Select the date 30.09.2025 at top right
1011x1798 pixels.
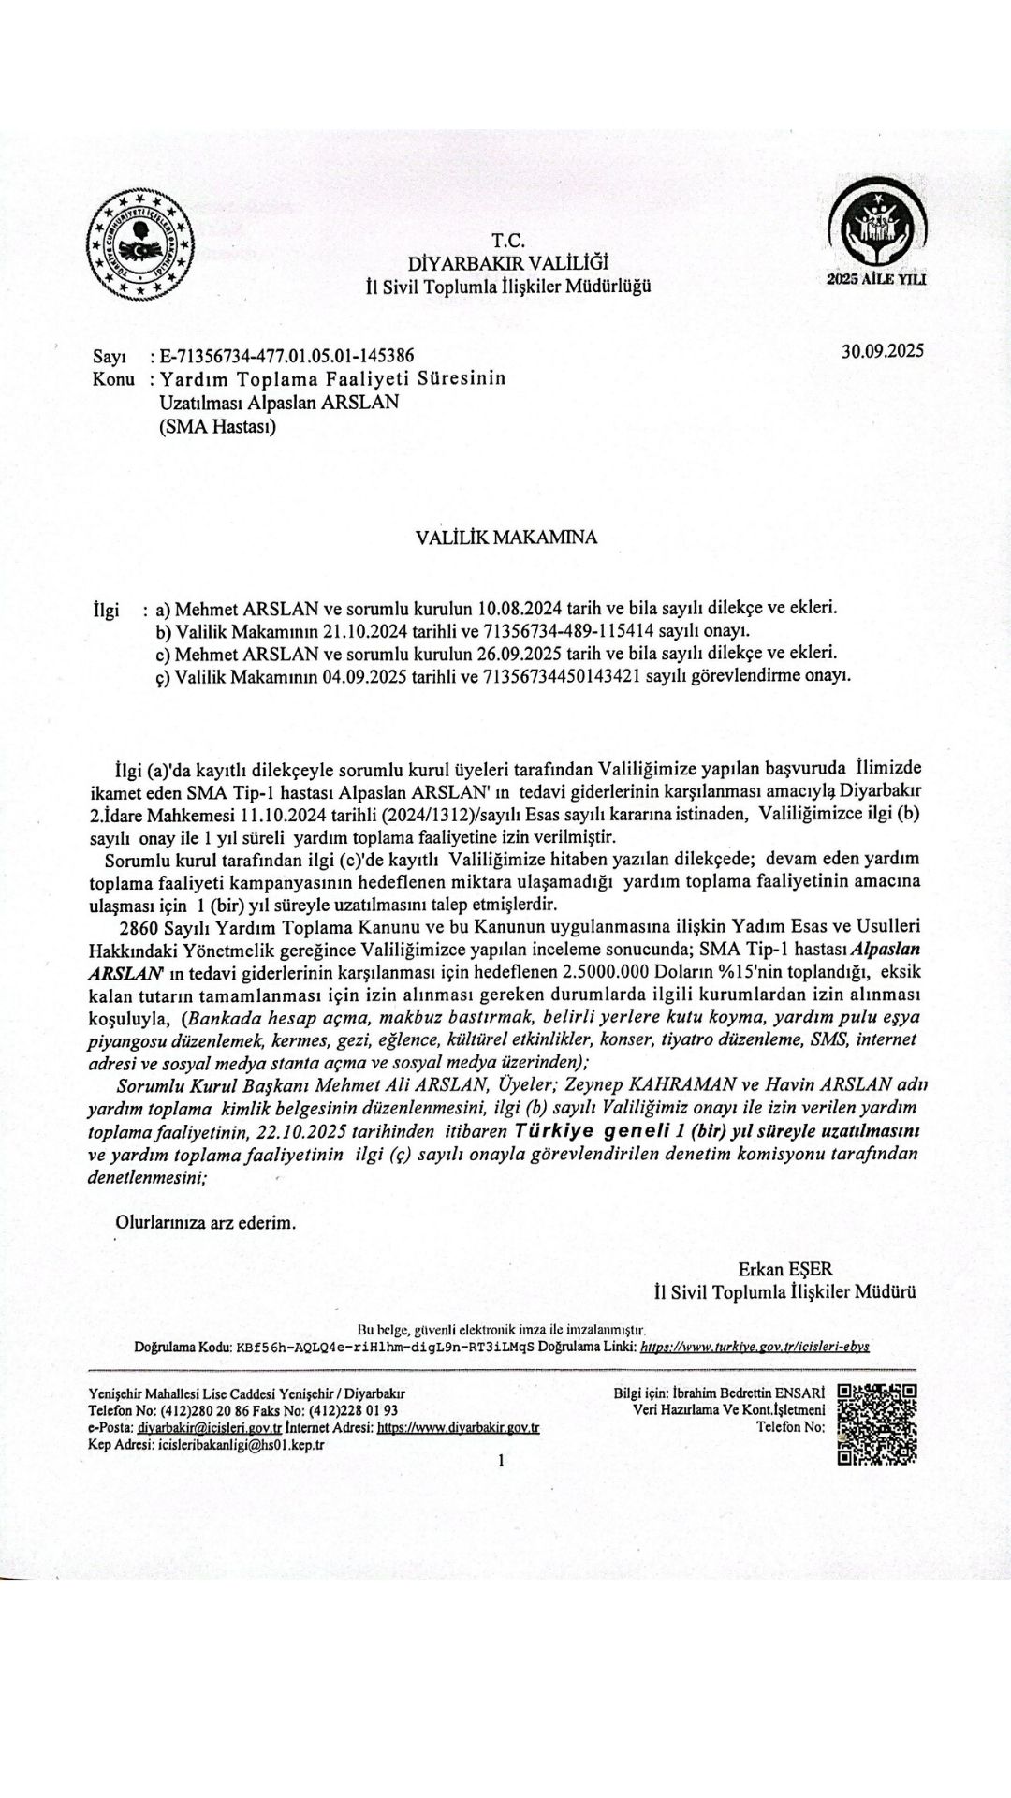[882, 351]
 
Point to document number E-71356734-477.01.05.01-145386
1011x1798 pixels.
[288, 357]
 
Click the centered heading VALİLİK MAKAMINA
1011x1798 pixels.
[506, 538]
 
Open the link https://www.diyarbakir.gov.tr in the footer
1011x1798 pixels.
[458, 1428]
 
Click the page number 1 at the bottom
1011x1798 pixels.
[503, 1459]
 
